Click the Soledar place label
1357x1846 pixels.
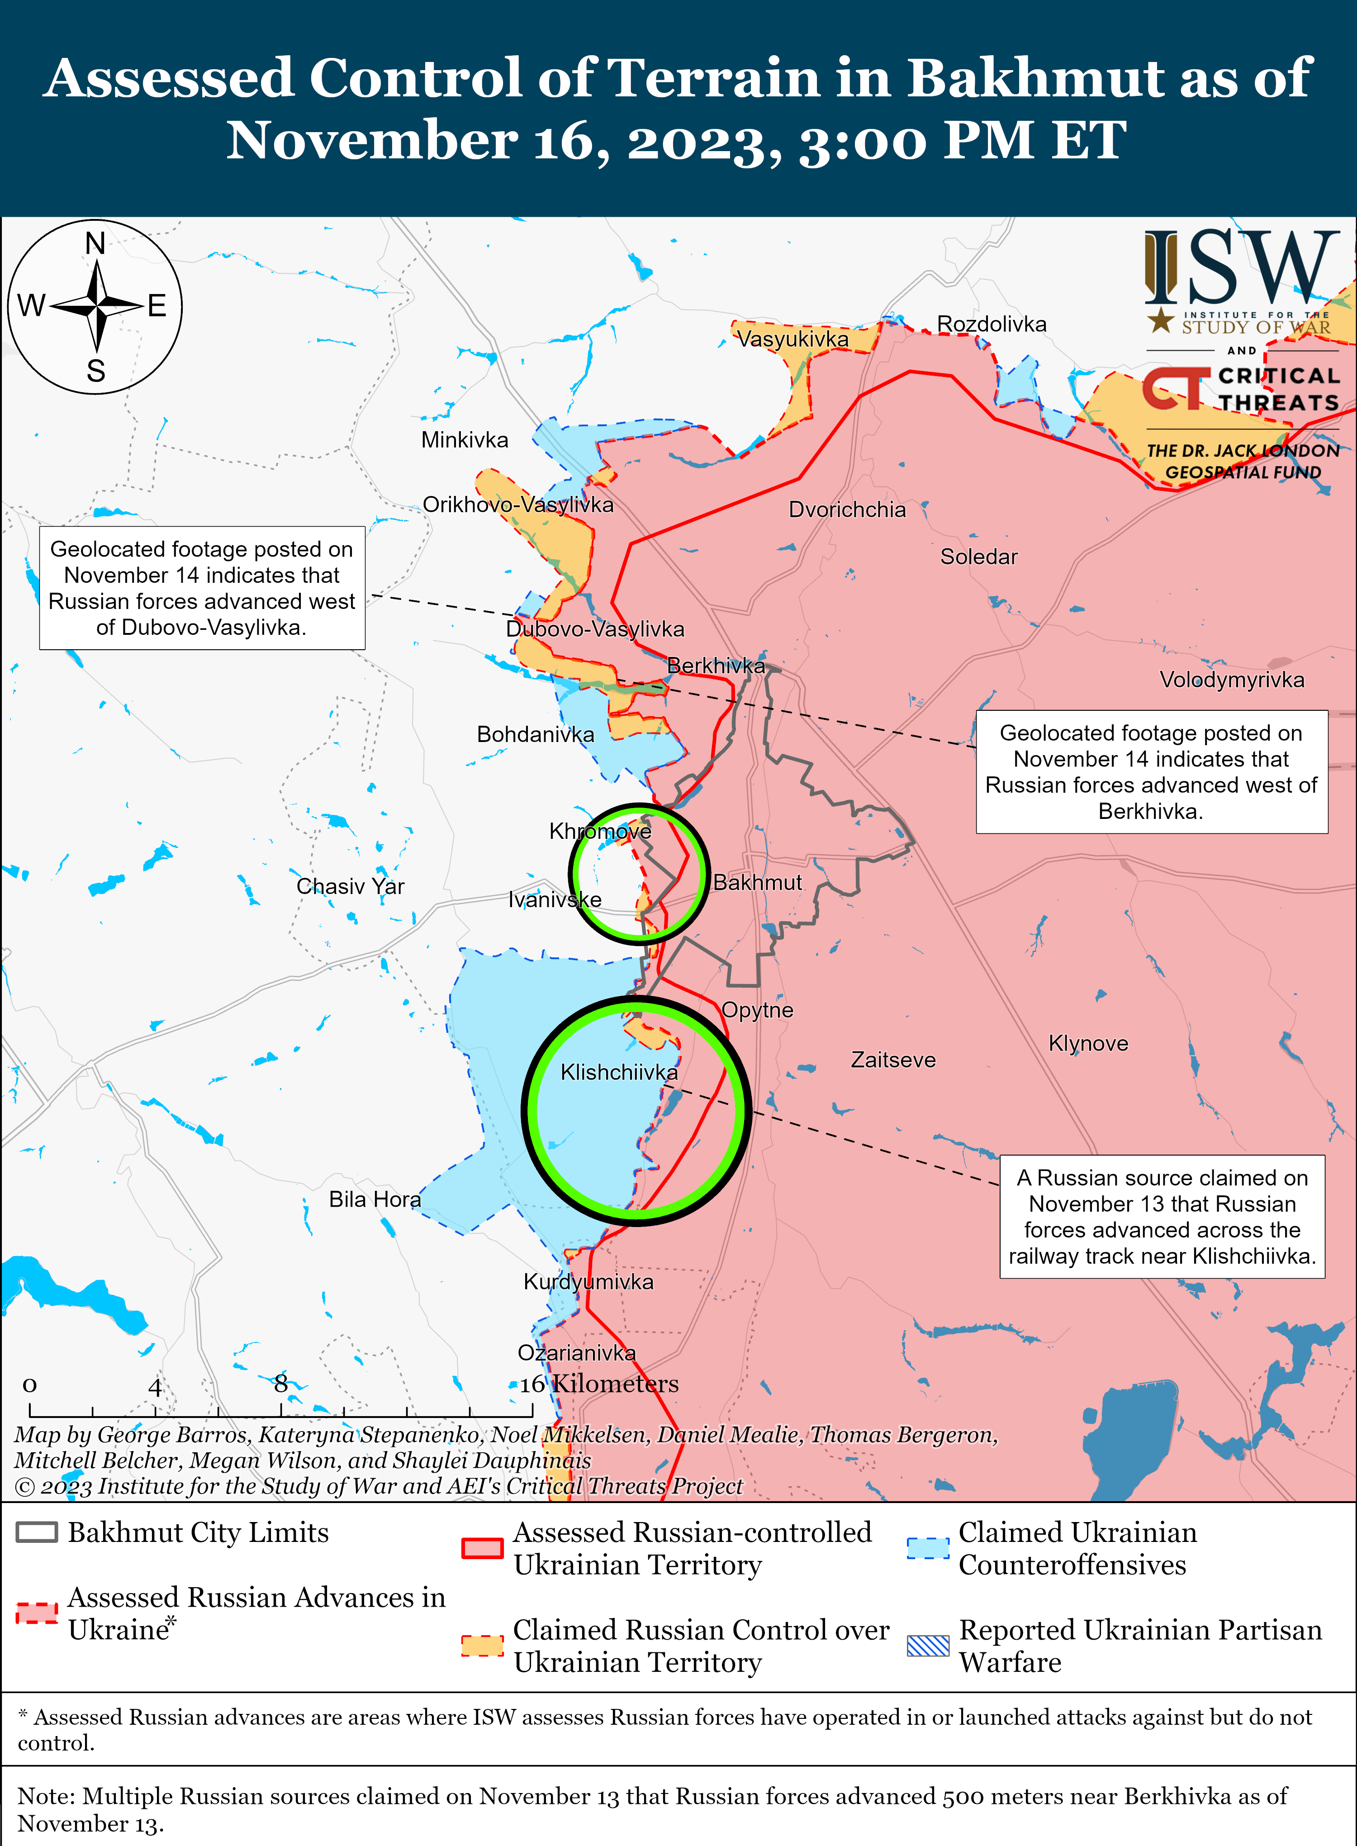(978, 557)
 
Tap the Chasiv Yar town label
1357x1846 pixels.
(350, 886)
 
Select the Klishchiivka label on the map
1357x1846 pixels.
(618, 1072)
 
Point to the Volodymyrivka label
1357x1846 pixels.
(1231, 680)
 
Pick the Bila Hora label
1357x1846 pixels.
(375, 1199)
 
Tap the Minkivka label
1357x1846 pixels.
(464, 440)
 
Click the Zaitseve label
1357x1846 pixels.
(893, 1060)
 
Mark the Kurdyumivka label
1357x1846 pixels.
(588, 1282)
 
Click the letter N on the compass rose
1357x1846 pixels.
(95, 244)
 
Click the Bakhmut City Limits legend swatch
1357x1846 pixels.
(37, 1532)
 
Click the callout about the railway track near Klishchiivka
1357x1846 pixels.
(1162, 1217)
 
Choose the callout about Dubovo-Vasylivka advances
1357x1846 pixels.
(202, 588)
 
